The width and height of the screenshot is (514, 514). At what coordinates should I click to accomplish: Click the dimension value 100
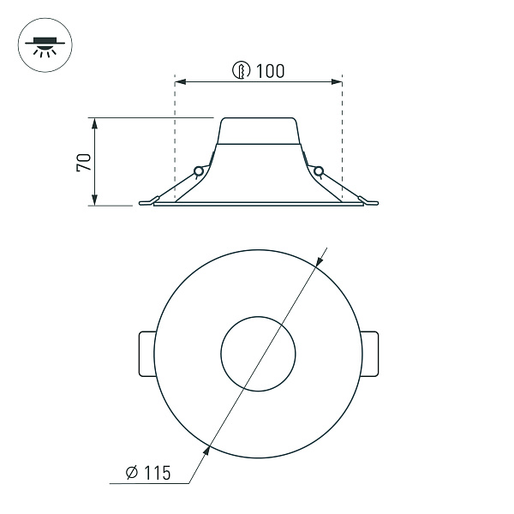[x=270, y=71]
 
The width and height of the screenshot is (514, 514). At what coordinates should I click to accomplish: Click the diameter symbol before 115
[x=132, y=472]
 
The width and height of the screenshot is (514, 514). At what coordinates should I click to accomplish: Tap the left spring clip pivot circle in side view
[x=199, y=171]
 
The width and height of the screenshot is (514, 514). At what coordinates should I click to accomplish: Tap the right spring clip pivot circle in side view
[x=319, y=171]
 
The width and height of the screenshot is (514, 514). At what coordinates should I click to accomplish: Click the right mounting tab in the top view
[x=370, y=352]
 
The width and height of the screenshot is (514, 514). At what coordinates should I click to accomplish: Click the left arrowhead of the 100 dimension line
[x=179, y=82]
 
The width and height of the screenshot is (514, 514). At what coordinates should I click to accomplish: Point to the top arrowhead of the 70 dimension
[x=94, y=123]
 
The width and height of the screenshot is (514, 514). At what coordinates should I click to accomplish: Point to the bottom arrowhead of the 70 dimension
[x=94, y=200]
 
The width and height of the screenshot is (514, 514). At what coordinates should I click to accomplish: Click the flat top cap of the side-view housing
[x=260, y=118]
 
